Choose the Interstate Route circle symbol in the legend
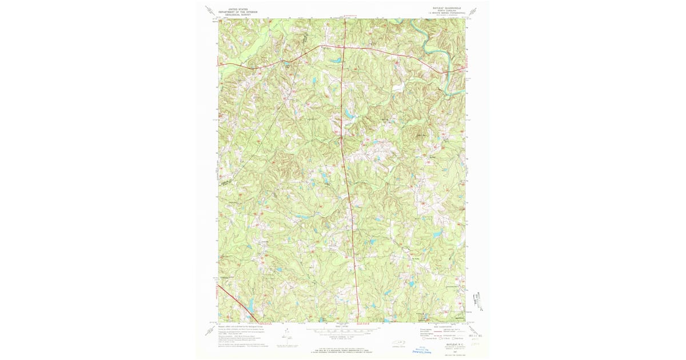(424, 338)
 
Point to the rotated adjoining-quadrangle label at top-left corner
(209, 10)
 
